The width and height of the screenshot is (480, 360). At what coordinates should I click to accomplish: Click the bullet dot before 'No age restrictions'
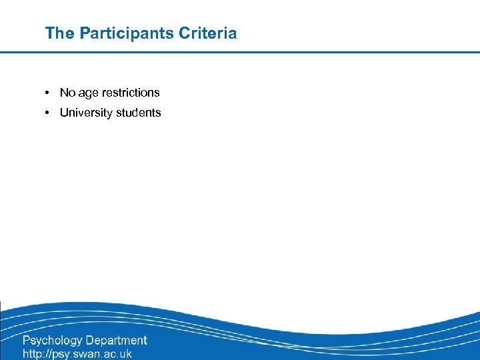point(49,93)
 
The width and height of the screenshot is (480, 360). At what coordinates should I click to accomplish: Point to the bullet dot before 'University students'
point(49,113)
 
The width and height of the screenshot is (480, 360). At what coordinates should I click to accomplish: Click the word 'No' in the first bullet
point(67,93)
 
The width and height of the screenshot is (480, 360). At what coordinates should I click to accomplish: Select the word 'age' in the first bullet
point(89,93)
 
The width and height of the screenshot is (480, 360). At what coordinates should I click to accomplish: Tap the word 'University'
point(86,113)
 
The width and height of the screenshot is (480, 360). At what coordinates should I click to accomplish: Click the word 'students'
point(139,113)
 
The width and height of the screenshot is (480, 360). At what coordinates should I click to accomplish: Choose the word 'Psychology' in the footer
point(53,341)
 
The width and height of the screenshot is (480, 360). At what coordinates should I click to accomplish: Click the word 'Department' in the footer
point(116,341)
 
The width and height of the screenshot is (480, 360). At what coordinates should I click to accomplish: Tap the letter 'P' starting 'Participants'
point(85,33)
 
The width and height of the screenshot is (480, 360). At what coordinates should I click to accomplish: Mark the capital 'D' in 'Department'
point(90,340)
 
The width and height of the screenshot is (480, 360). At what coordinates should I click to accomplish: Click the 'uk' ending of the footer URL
point(125,353)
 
